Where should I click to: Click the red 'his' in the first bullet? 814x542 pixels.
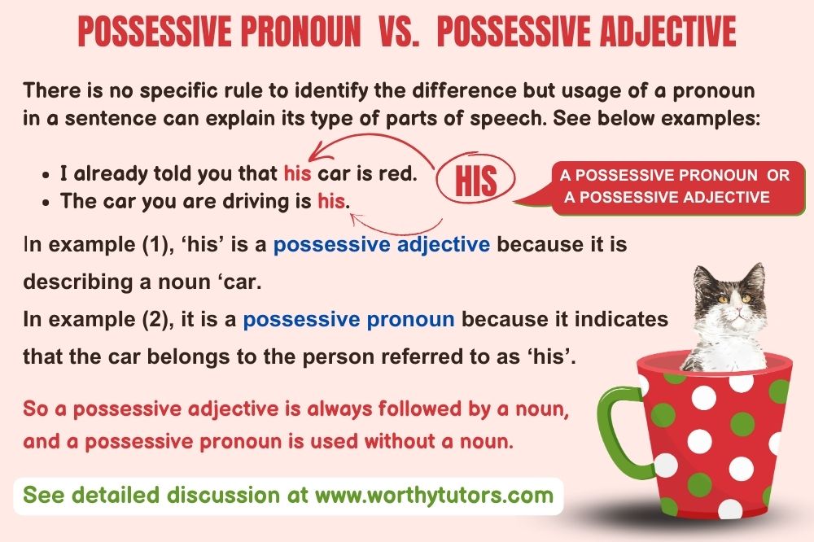(297, 173)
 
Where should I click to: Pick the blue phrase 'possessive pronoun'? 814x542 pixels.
(348, 319)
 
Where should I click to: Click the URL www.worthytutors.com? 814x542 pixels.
(434, 496)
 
